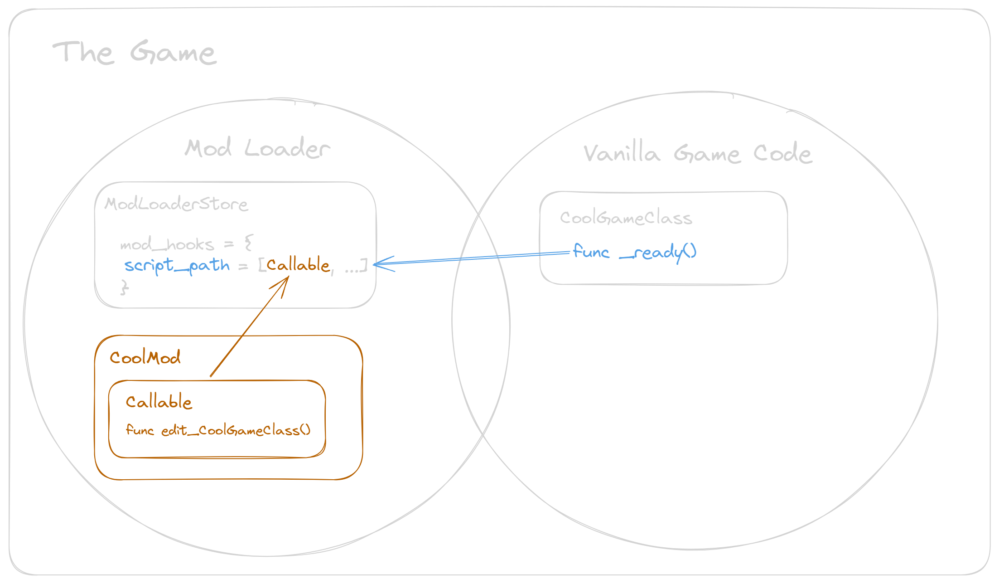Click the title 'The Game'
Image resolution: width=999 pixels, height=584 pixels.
coord(135,53)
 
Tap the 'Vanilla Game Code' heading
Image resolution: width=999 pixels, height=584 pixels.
coord(698,153)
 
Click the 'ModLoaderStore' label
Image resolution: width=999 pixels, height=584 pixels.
coord(176,204)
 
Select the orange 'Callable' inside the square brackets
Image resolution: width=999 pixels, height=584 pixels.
coord(298,264)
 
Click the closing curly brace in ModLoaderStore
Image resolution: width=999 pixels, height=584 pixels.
coord(124,287)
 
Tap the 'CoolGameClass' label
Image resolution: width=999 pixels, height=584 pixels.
coord(626,218)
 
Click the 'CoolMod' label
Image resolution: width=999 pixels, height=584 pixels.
coord(145,358)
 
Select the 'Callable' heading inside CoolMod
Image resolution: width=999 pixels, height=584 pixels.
coord(159,402)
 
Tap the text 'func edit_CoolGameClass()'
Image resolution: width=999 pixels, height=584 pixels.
coord(218,430)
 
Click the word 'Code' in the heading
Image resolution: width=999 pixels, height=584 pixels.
coord(782,153)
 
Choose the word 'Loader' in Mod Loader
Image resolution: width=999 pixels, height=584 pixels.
coord(287,148)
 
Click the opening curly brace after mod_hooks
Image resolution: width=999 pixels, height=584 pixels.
coord(248,243)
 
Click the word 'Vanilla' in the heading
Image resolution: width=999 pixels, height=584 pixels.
coord(621,153)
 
